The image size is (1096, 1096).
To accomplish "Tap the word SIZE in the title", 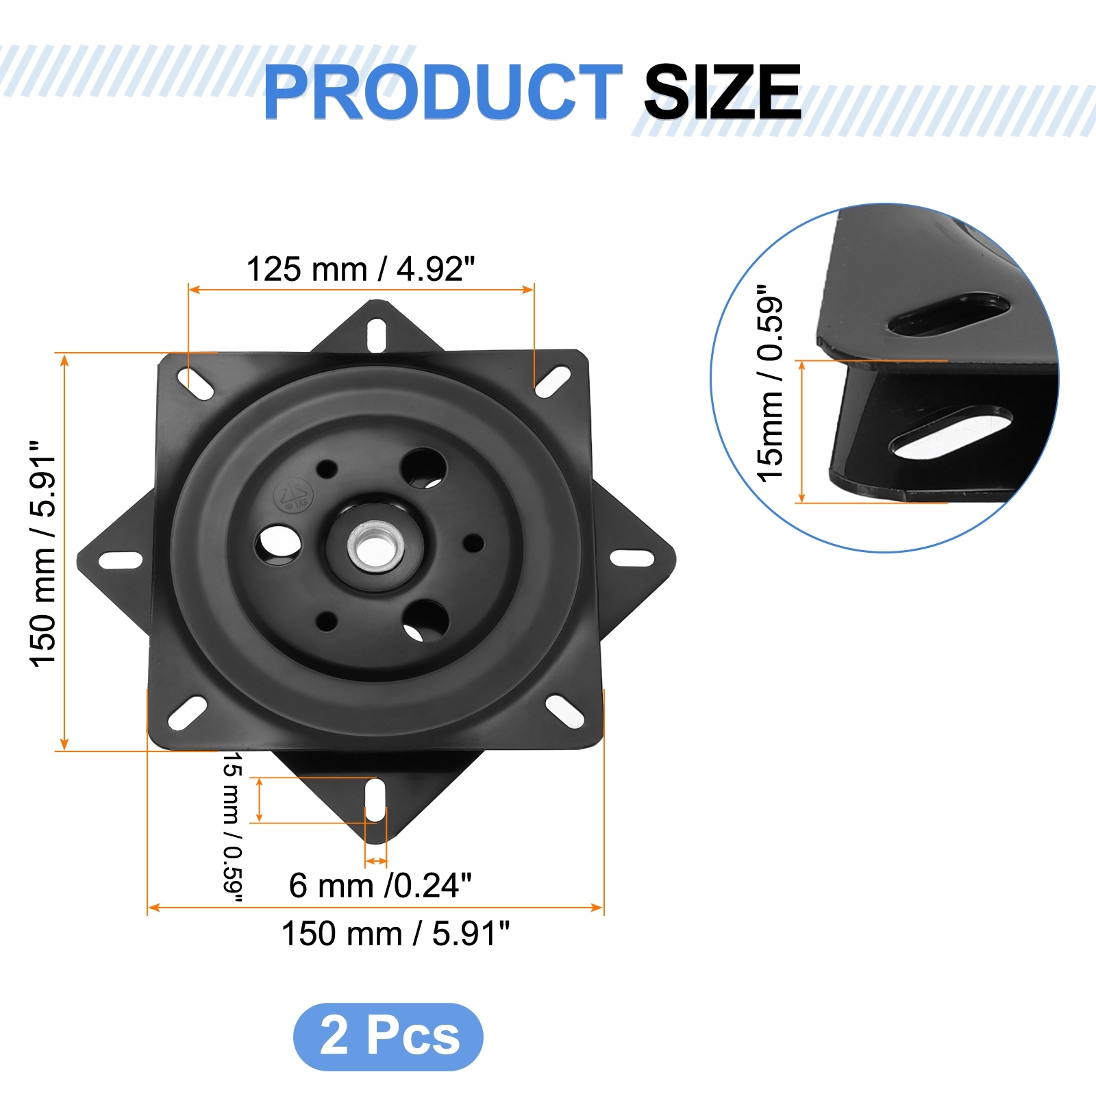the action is [x=723, y=92].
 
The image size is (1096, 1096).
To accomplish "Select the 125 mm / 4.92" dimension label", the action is [x=360, y=269].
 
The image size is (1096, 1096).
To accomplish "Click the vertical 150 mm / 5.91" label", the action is [x=42, y=553].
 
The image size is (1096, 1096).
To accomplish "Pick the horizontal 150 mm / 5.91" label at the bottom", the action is [x=396, y=933].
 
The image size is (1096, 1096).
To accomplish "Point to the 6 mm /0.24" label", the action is [x=380, y=885].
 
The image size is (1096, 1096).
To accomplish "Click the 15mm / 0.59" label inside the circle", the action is [x=770, y=384].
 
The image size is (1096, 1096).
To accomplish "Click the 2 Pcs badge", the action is [x=388, y=1036].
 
